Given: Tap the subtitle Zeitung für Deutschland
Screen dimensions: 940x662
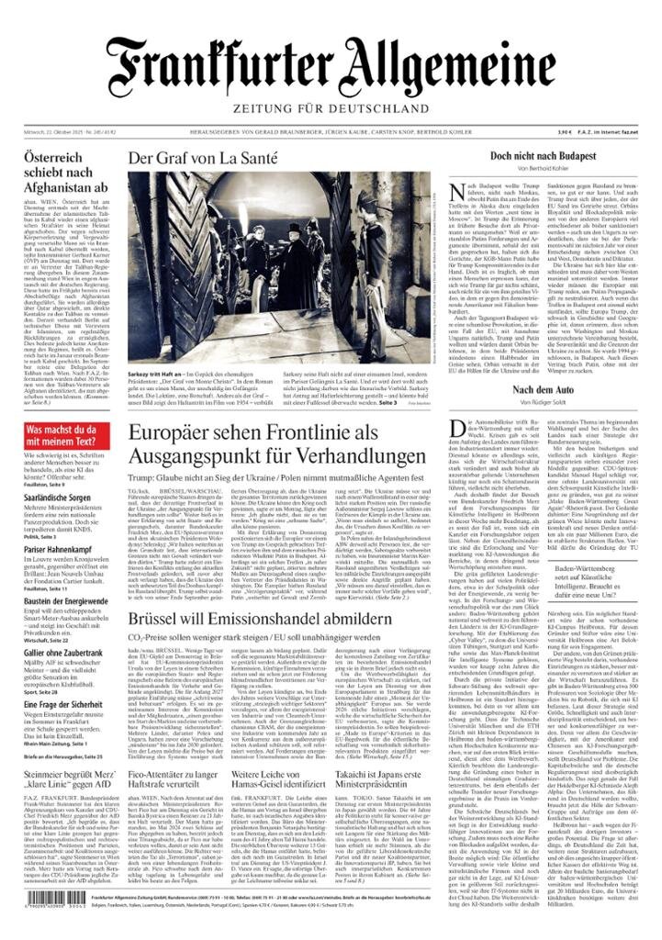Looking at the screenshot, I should point(331,109).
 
